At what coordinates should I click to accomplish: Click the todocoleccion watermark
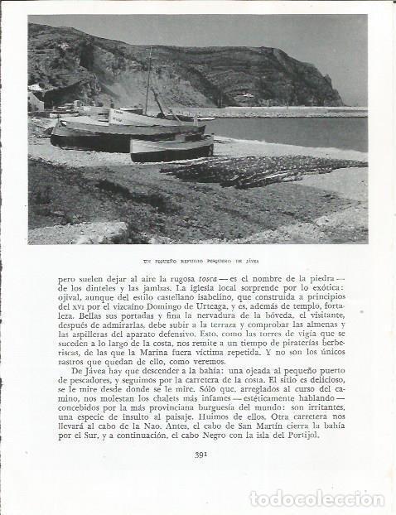coord(316,498)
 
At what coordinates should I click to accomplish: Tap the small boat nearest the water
coord(171,149)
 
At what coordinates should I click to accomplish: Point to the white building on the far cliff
coord(247,95)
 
